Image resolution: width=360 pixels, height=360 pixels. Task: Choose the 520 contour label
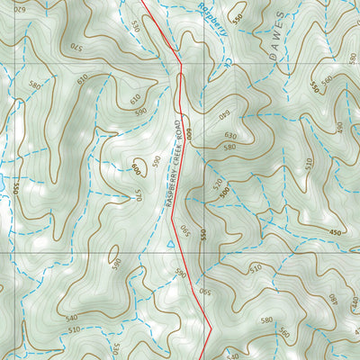click(216, 184)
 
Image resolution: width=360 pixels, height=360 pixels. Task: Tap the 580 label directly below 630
click(229, 146)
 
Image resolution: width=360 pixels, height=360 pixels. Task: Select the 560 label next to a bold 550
click(328, 79)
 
